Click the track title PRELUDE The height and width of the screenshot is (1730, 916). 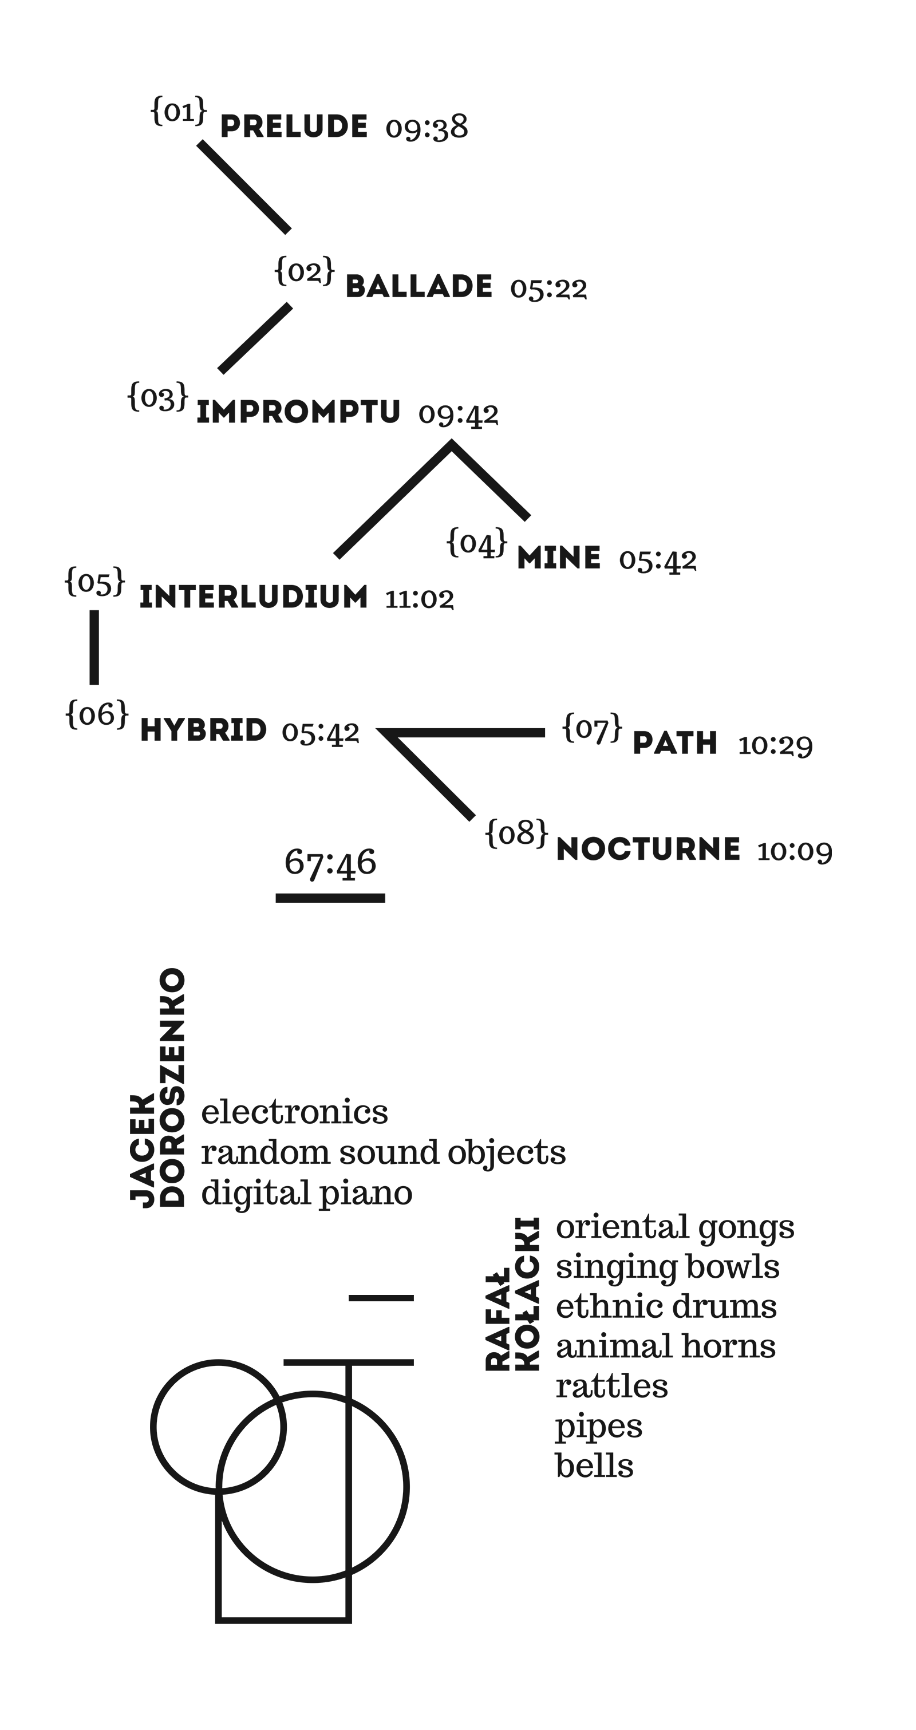click(294, 127)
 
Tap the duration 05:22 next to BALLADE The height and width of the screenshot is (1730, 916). click(548, 288)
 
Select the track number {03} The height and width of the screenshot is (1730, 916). click(158, 396)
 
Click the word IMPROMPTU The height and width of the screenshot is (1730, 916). click(298, 412)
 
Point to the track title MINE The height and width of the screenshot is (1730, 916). click(559, 558)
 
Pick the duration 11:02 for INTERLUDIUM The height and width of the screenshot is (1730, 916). click(419, 599)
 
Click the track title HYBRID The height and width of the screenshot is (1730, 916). click(203, 730)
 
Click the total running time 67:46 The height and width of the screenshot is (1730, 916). click(330, 862)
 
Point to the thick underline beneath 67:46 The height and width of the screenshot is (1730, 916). click(330, 898)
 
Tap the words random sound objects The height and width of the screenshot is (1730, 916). click(384, 1152)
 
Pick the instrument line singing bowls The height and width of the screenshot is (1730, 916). click(668, 1267)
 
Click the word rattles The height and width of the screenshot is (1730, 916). click(612, 1386)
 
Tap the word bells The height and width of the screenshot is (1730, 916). click(594, 1466)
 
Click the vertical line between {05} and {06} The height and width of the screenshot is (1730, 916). click(94, 647)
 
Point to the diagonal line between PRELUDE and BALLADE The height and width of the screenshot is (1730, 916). click(244, 187)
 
